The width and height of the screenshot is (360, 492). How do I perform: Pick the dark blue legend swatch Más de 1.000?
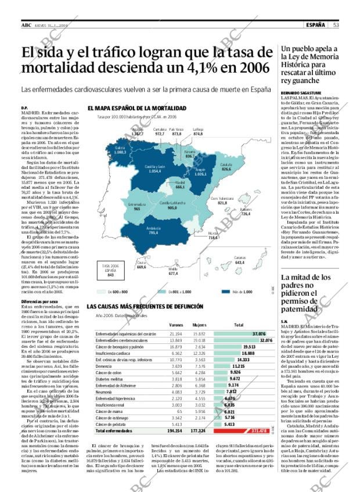pyautogui.click(x=228, y=292)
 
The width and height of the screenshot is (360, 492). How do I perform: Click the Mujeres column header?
pyautogui.click(x=199, y=325)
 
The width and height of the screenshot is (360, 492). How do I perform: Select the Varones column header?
pyautogui.click(x=176, y=325)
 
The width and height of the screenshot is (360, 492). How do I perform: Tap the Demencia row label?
pyautogui.click(x=105, y=367)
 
